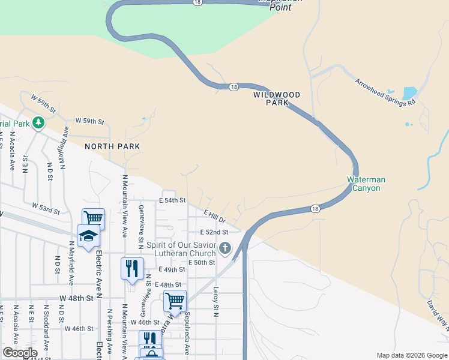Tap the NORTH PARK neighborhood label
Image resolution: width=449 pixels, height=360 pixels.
112,146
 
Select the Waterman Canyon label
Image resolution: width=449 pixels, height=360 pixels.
366,184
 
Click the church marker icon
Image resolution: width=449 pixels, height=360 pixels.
225,248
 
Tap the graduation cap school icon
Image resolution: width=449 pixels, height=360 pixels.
88,235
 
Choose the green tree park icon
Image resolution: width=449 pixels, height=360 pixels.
39,124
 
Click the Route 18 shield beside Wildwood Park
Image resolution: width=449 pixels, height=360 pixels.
233,87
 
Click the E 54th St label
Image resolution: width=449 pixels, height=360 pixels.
172,200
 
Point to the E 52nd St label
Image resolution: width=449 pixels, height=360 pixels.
215,232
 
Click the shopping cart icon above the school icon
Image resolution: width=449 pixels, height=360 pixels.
94,218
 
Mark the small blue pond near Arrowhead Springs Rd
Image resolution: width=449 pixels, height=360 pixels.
409,94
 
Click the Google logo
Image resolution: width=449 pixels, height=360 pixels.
20,353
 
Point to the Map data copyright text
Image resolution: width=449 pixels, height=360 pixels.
411,355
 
